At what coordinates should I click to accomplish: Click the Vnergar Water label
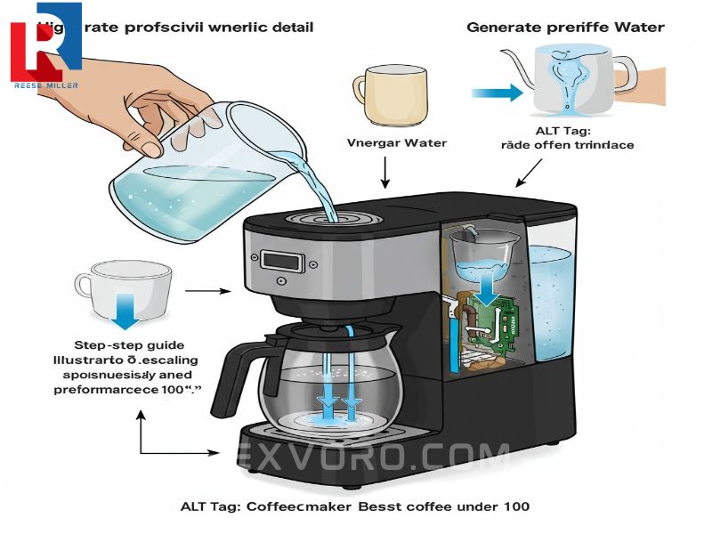point(384,142)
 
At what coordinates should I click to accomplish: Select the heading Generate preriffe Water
point(565,27)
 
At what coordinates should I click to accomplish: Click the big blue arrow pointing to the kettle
point(497,91)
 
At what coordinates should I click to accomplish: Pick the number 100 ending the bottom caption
point(514,506)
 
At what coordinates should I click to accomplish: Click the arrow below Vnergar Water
point(384,171)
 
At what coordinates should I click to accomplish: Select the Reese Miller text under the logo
point(46,85)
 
